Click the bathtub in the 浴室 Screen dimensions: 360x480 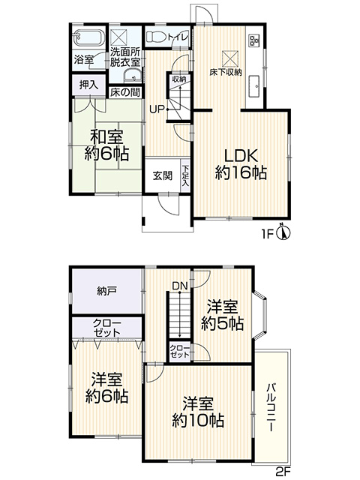point(89,38)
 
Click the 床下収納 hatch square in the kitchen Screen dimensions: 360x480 point(230,58)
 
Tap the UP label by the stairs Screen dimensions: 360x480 point(157,109)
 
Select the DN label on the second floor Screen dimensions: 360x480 point(180,286)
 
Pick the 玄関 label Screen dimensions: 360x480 point(163,175)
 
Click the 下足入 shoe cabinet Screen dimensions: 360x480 point(185,175)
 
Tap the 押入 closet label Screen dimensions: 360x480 point(88,85)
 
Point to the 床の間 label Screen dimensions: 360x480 point(125,92)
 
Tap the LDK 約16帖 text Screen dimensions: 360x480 point(241,165)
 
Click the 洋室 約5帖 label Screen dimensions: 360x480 point(223,315)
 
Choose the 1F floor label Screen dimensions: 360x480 point(267,235)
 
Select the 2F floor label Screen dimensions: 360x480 point(283,471)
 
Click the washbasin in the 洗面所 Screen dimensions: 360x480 point(132,75)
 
